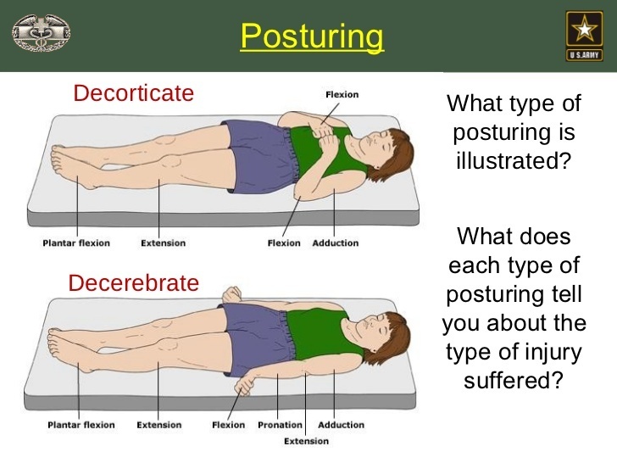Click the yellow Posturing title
(312, 36)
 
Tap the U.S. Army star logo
(584, 36)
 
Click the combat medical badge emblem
(42, 33)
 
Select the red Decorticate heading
(133, 93)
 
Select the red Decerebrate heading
(133, 282)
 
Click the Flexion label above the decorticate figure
(342, 94)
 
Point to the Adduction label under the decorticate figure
(336, 243)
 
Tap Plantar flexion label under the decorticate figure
(76, 243)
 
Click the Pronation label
(280, 425)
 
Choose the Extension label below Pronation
(306, 441)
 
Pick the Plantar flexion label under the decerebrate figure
(81, 425)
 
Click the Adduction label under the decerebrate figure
(341, 425)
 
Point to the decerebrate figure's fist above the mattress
(231, 294)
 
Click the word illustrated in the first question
(513, 160)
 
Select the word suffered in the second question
(513, 380)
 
